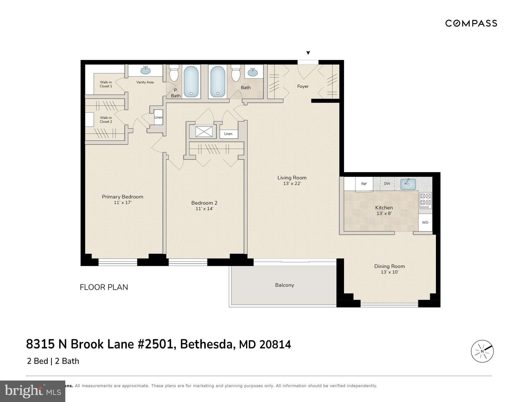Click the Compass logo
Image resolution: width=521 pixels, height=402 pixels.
point(471,23)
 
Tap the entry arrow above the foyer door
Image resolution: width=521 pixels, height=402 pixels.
point(308,53)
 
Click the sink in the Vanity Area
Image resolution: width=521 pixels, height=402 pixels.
point(146,70)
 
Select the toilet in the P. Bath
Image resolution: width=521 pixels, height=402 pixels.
point(174,73)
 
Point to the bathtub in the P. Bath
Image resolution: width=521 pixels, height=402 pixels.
point(191,81)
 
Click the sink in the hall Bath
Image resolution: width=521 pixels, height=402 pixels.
point(253,72)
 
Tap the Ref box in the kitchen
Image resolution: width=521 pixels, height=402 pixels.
point(364,184)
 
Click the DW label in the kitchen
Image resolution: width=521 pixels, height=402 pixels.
point(387,184)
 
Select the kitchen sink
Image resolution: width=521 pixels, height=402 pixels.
point(408,184)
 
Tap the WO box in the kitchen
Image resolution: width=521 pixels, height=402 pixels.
point(425,222)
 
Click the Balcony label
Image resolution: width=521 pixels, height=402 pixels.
point(284,285)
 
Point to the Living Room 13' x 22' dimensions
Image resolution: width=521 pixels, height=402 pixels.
point(292,184)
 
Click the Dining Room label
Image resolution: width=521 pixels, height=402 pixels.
point(389,266)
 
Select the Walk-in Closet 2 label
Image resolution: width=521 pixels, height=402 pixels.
point(106,120)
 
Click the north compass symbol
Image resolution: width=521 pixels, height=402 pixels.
point(482,351)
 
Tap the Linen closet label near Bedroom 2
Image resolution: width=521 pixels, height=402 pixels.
point(228,134)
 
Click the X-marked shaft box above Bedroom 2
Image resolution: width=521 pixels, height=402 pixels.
point(204,131)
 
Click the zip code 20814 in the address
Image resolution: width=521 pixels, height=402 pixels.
point(275,344)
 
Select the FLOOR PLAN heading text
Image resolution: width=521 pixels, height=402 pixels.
point(104,287)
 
